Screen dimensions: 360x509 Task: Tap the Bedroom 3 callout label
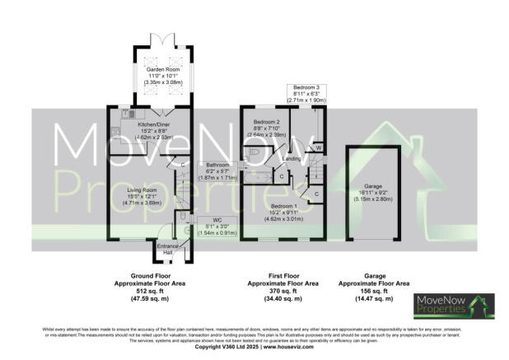[x=310, y=91]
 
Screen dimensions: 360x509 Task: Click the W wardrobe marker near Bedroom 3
[x=318, y=148]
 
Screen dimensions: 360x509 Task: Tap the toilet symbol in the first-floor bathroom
[x=254, y=153]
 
